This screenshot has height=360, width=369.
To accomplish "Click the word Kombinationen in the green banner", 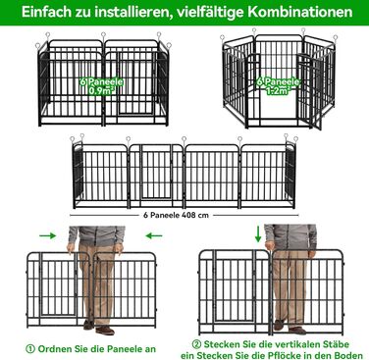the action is click(x=300, y=13).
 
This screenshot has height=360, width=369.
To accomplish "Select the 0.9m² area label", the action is click(x=102, y=90).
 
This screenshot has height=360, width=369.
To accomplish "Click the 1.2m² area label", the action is click(x=279, y=90).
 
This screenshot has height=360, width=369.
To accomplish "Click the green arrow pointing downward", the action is click(x=258, y=233).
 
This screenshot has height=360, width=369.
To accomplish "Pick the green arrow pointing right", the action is click(x=48, y=235).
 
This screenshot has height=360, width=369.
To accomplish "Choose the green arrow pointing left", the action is click(x=154, y=235).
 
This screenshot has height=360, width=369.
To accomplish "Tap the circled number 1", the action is click(x=30, y=348).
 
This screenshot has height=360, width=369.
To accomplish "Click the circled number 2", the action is click(x=196, y=344).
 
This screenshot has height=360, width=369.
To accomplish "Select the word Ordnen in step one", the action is click(x=53, y=348).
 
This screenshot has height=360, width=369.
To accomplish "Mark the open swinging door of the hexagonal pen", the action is click(x=310, y=92).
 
